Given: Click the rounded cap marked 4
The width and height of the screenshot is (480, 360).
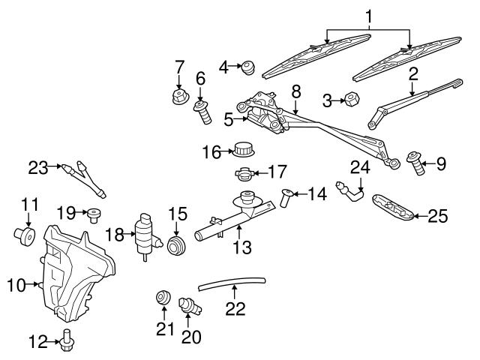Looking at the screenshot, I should tap(247, 70).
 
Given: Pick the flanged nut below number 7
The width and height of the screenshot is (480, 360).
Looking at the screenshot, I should tap(178, 97).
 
